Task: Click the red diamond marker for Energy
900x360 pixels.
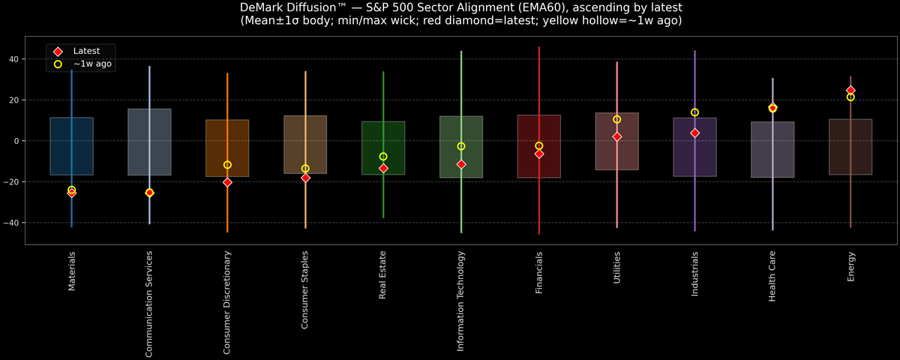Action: click(850, 90)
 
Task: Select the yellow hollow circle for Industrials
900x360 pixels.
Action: click(694, 112)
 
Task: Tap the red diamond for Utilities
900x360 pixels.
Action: click(616, 136)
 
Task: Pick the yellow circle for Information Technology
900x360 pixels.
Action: click(461, 146)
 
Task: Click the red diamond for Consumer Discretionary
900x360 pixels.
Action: click(227, 182)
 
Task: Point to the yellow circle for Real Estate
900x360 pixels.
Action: click(383, 157)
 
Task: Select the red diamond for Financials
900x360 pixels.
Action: click(538, 154)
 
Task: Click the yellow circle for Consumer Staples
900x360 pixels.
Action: click(305, 169)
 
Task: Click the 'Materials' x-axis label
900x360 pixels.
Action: click(72, 271)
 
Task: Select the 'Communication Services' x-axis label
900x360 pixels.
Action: click(149, 302)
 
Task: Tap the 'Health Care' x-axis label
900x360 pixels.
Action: click(772, 277)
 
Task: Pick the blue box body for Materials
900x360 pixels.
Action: click(71, 146)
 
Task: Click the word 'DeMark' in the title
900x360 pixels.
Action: click(265, 7)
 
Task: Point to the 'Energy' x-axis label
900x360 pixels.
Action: click(850, 266)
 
